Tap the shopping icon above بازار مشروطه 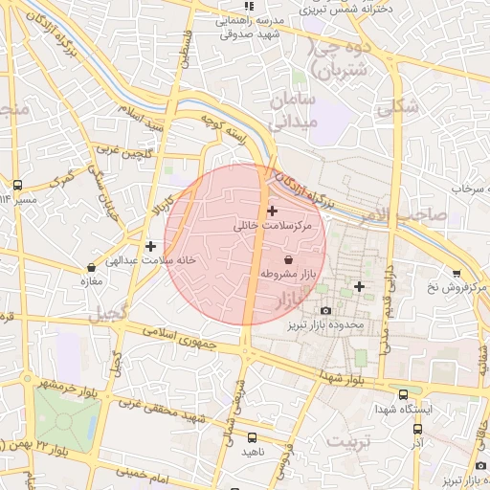click(x=289, y=259)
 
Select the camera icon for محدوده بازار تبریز click(x=325, y=310)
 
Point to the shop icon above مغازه click(x=91, y=267)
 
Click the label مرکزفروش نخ click(x=455, y=287)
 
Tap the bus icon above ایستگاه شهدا click(x=403, y=393)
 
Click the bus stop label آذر click(x=417, y=445)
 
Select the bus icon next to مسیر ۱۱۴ click(x=17, y=184)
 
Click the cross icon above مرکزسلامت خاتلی click(x=273, y=210)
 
